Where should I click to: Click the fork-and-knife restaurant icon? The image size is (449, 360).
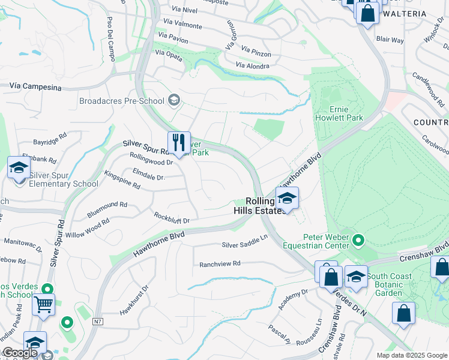[x=179, y=143]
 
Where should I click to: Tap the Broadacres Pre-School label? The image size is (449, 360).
[x=122, y=100]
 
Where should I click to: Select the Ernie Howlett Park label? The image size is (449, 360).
[x=339, y=114]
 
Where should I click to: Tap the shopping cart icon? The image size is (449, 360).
[x=43, y=305]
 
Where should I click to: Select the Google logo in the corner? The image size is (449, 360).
[x=20, y=353]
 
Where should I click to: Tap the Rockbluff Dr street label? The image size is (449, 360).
[x=171, y=217]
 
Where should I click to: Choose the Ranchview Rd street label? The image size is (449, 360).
[x=220, y=263]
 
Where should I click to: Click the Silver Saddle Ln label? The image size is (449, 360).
[x=244, y=241]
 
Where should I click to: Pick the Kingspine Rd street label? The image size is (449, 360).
[x=122, y=179]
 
